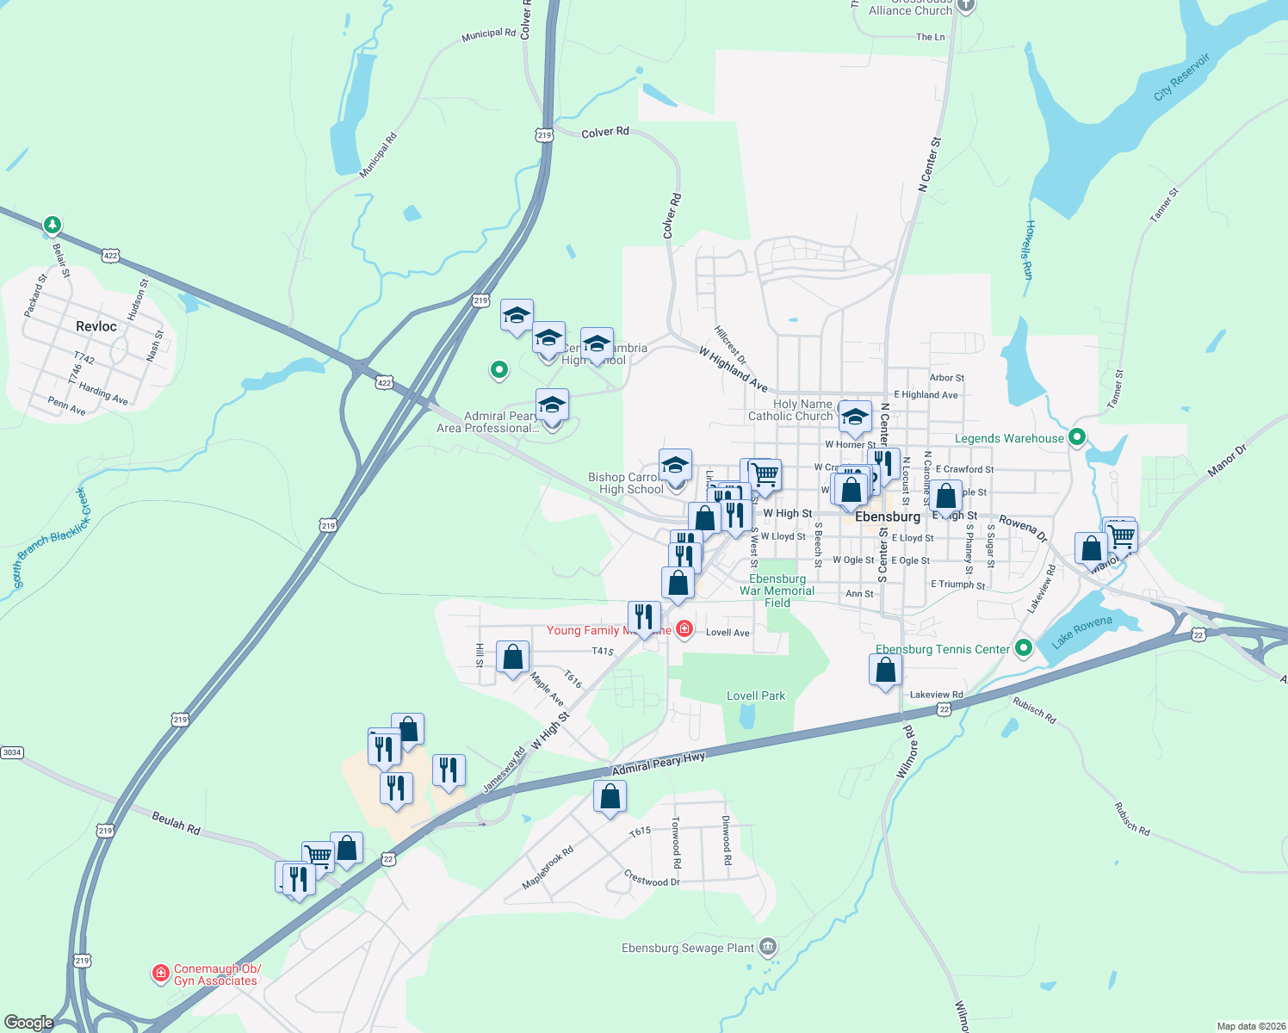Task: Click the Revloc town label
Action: point(96,326)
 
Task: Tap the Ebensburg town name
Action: point(888,516)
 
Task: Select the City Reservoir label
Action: point(1181,77)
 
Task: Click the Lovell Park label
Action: point(756,696)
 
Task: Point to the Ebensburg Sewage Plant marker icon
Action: point(768,947)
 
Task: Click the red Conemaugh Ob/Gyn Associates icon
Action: point(160,974)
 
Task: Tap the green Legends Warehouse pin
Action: point(1076,437)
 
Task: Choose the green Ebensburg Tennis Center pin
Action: point(1023,648)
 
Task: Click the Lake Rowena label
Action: point(1081,631)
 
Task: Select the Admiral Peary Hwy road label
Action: point(658,763)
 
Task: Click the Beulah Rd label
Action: point(176,823)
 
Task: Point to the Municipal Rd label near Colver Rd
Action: point(488,34)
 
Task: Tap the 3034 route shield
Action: point(11,752)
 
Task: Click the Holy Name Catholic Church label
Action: point(790,410)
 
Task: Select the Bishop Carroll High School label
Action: point(626,483)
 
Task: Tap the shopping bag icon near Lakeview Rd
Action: point(885,669)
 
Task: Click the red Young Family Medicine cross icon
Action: point(684,629)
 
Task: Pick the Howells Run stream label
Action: point(1028,250)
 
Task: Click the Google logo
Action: point(29,1022)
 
